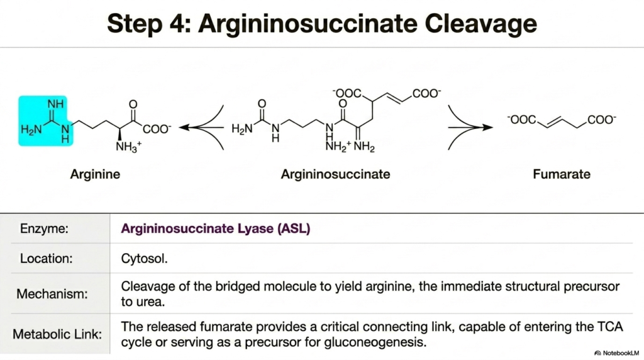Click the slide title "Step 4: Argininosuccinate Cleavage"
point(322,23)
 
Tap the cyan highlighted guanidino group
point(45,121)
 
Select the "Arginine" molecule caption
point(95,174)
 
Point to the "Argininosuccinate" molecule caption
point(335,174)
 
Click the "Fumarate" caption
point(562,174)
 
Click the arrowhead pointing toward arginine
point(185,127)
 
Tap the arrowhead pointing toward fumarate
point(487,127)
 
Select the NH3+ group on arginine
point(128,146)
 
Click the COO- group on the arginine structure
point(157,129)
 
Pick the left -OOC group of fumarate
point(522,120)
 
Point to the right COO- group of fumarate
point(602,120)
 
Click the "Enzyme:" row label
point(45,228)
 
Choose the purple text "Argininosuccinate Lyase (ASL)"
point(216,228)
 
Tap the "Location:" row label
point(46,259)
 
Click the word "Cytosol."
point(144,259)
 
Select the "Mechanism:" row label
point(52,294)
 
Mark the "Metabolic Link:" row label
point(57,334)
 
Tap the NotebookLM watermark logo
point(597,353)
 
